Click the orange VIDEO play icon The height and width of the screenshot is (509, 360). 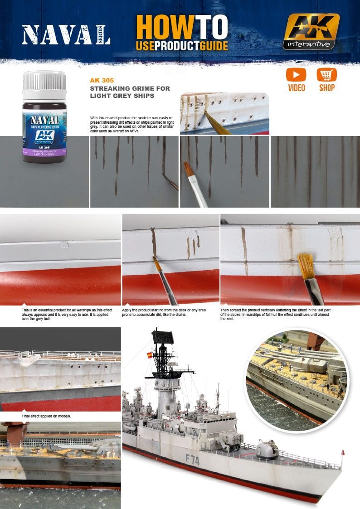click(296, 75)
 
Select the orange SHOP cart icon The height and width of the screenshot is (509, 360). click(326, 75)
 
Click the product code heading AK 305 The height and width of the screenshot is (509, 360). click(102, 80)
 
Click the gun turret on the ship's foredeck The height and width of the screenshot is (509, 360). click(268, 449)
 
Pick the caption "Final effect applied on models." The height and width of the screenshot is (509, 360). click(46, 416)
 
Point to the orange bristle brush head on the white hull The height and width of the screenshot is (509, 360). click(305, 263)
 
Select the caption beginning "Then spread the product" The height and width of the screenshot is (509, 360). click(277, 312)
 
